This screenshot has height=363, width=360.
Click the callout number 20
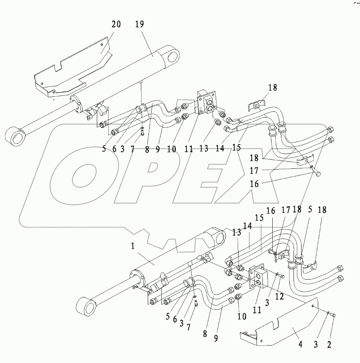116,25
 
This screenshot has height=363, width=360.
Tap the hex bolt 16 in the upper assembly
317,174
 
